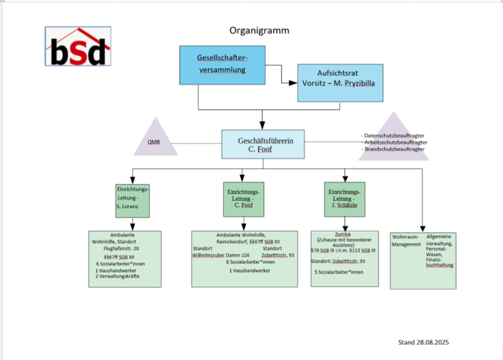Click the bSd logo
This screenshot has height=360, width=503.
[78, 47]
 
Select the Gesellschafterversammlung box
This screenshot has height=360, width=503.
[221, 65]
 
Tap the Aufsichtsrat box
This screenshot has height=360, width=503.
[340, 82]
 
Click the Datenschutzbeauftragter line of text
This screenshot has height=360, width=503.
[393, 136]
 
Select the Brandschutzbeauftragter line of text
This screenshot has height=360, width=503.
[393, 150]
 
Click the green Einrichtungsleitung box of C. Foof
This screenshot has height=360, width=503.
[243, 199]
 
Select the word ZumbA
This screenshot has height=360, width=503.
[343, 233]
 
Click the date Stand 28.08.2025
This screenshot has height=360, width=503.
[423, 342]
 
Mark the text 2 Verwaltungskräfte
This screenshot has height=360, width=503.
[118, 276]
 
